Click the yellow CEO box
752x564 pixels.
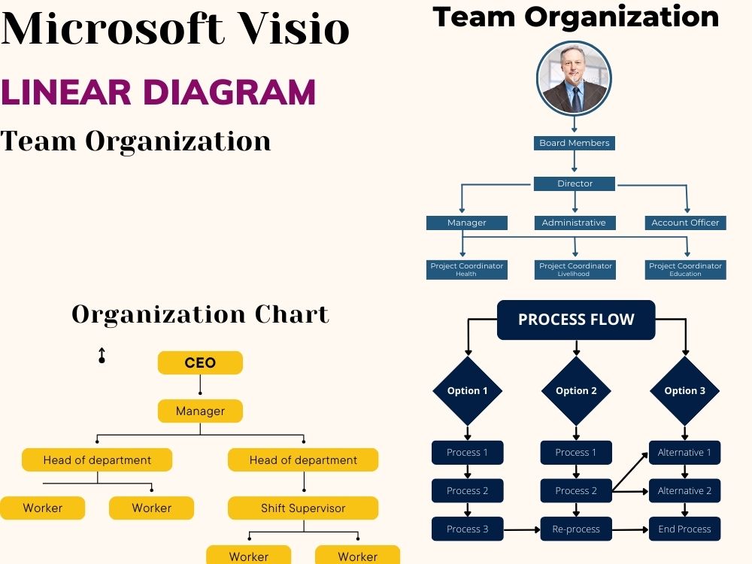pos(200,362)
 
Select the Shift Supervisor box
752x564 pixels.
pos(303,508)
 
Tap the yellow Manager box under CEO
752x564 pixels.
pos(200,411)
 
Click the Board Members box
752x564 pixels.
pos(574,143)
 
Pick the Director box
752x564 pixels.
pos(574,183)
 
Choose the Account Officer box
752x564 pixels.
pos(685,223)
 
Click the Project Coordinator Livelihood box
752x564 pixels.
pos(575,269)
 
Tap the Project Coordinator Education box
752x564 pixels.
pos(685,269)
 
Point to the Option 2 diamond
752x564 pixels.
pos(576,391)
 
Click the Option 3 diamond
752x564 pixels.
pos(684,391)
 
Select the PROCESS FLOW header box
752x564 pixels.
pos(576,320)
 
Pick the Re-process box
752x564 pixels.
pos(576,529)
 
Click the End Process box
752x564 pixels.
pos(684,529)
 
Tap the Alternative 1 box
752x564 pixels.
pos(684,452)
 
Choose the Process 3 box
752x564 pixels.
pos(468,529)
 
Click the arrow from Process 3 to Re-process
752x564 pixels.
pos(522,529)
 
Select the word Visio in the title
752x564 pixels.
pos(294,28)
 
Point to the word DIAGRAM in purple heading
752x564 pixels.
pos(229,92)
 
